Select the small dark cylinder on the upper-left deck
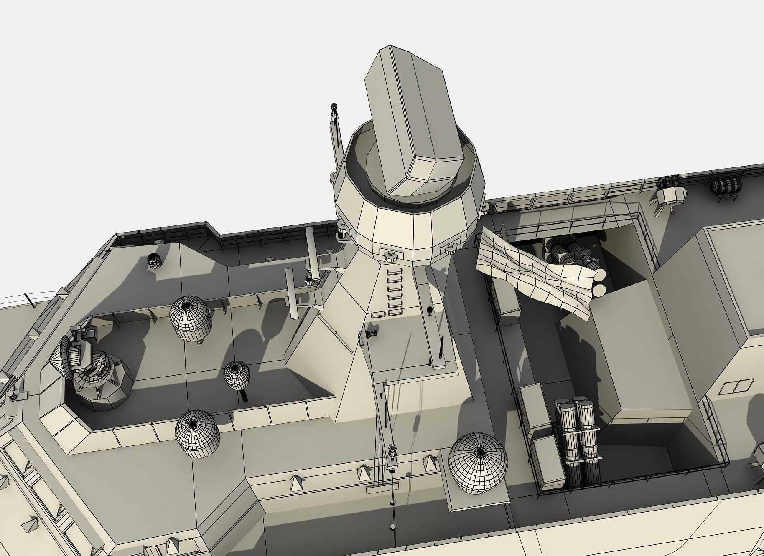point(154,261)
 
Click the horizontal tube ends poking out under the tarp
point(599,282)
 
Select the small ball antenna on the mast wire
point(392,449)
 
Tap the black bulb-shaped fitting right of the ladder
point(430,310)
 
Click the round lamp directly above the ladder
point(390,255)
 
